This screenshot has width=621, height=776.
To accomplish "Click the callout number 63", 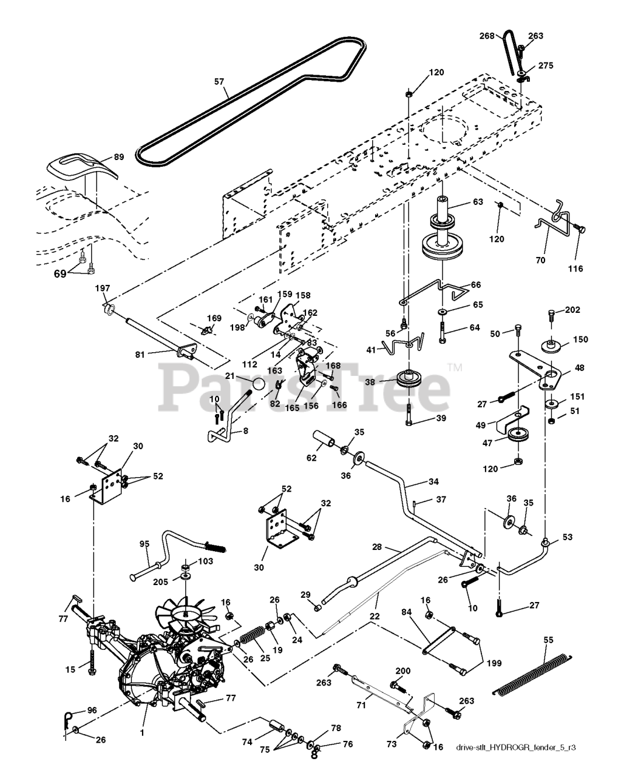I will (x=478, y=202).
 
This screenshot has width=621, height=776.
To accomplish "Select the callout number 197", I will (x=103, y=288).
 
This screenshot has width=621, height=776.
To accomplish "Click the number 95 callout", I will (x=144, y=543).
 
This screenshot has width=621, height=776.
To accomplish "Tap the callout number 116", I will (x=575, y=268).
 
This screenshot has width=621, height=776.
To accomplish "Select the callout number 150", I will (x=581, y=339).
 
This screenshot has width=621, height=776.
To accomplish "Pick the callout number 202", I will (x=572, y=310).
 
